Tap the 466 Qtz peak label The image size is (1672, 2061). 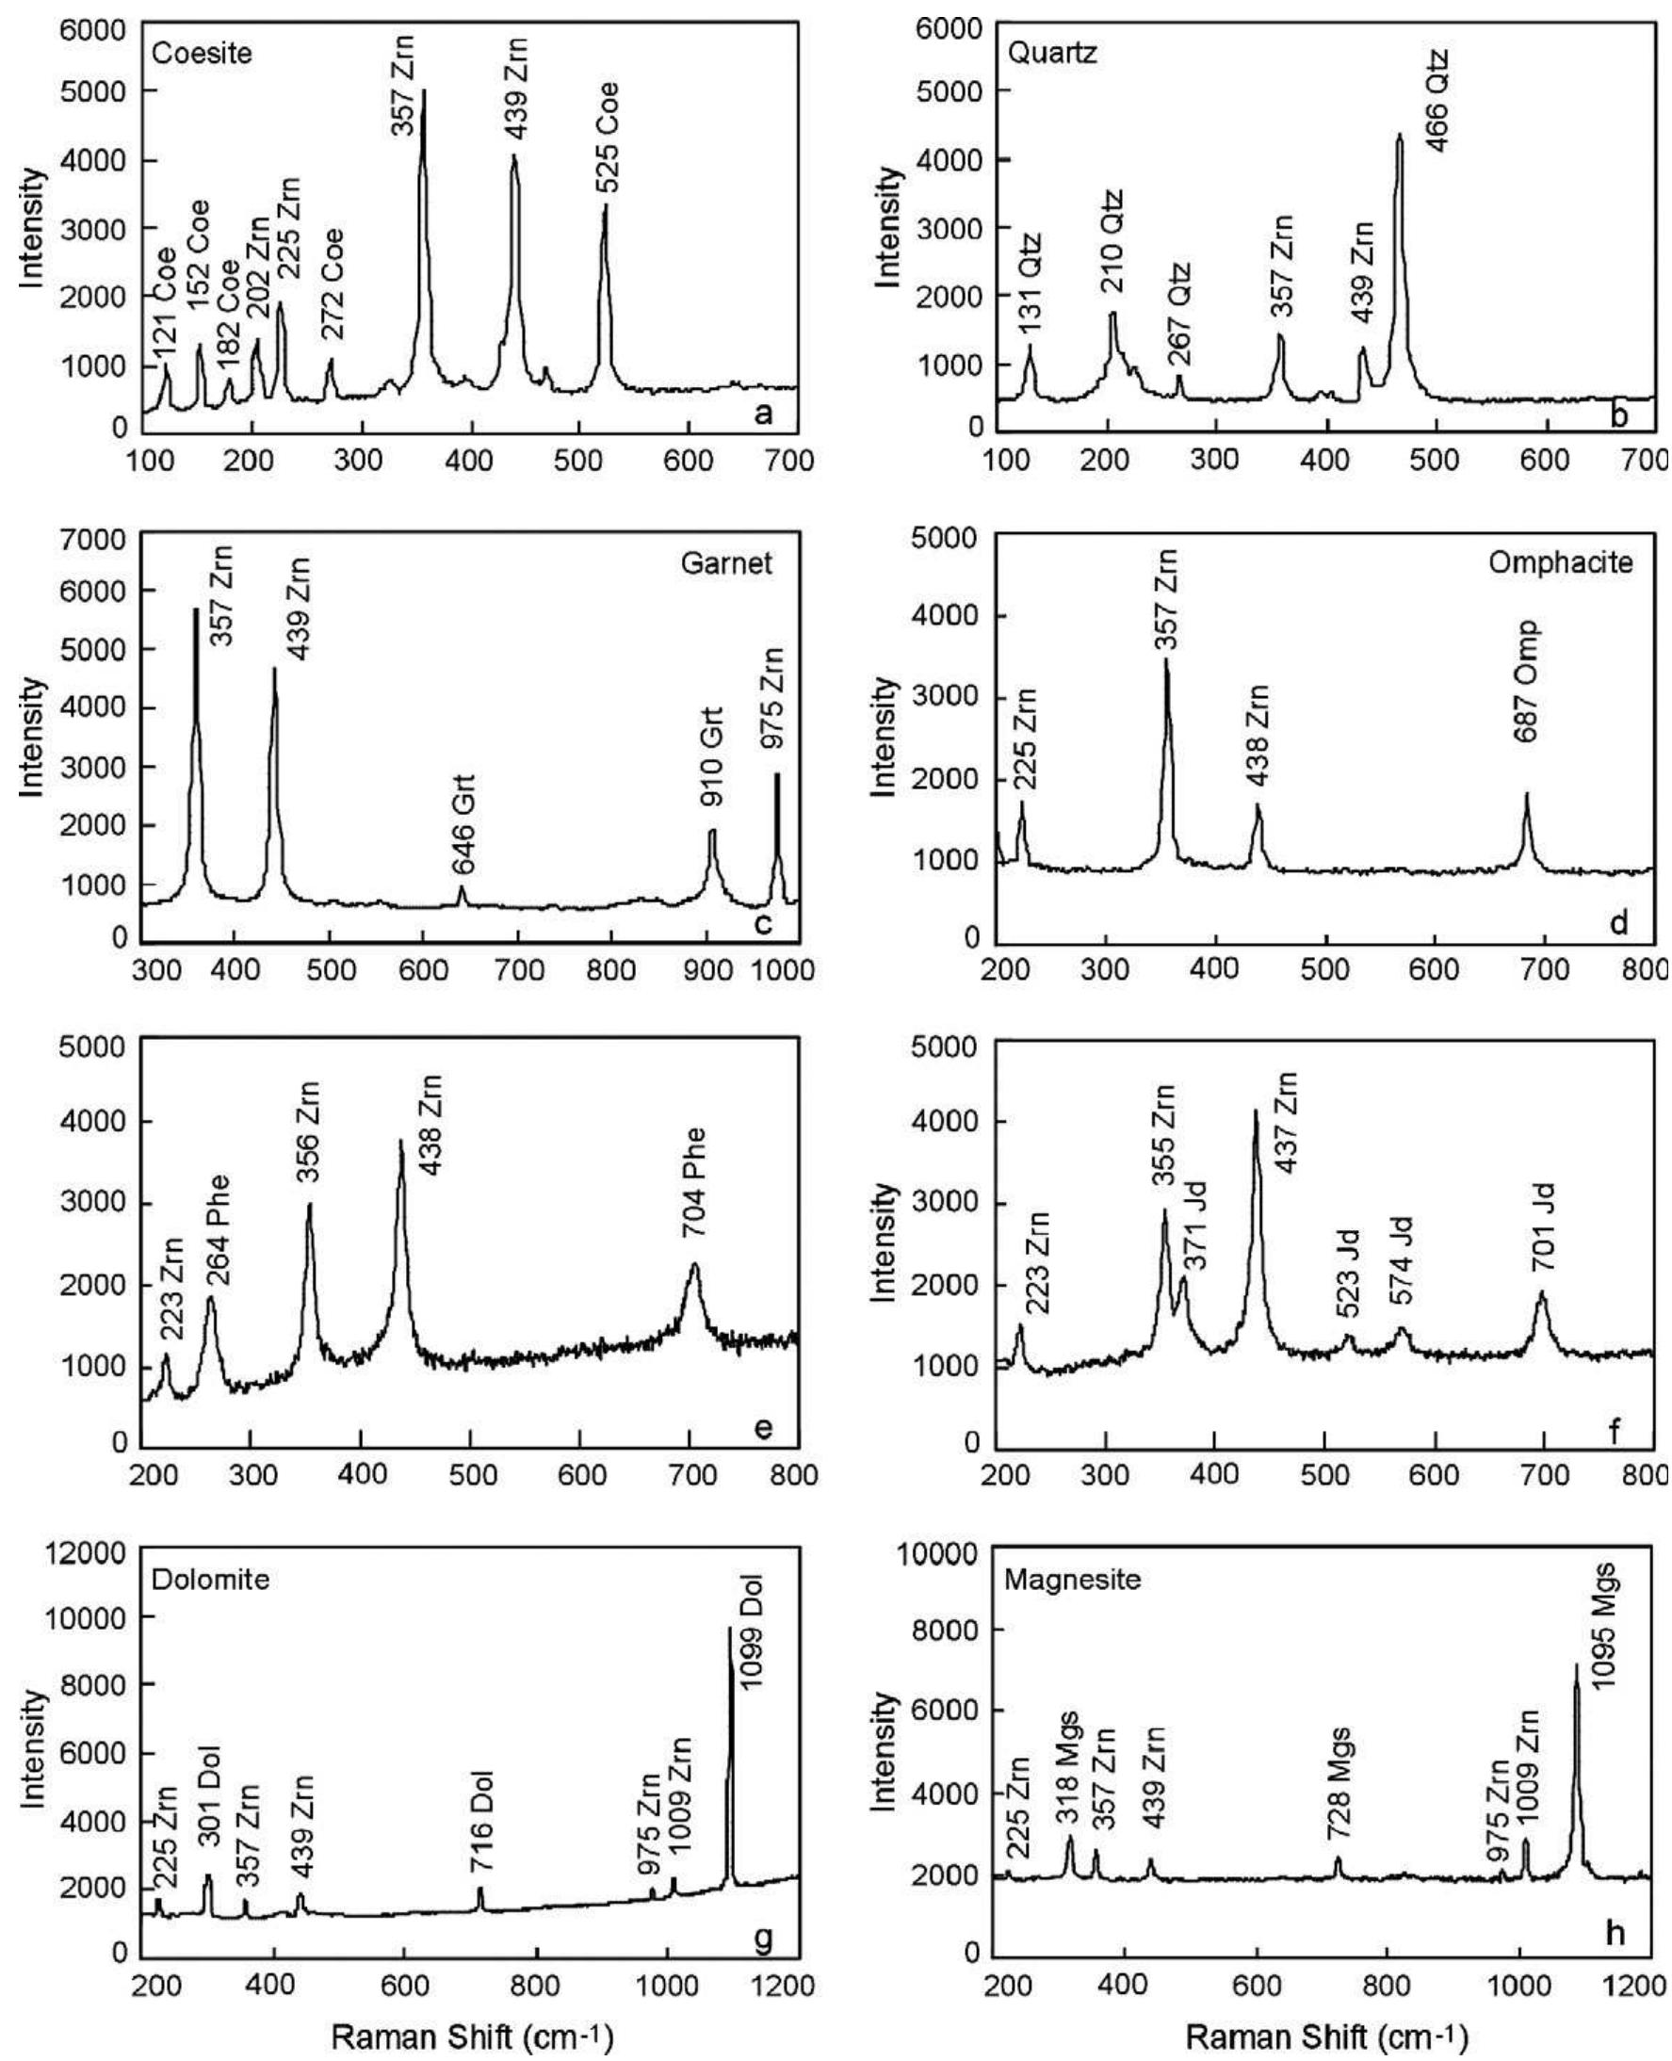[x=1436, y=100]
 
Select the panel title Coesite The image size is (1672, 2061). [x=203, y=53]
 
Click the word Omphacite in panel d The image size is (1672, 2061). [x=1560, y=563]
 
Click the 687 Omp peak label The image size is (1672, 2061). [x=1527, y=681]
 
